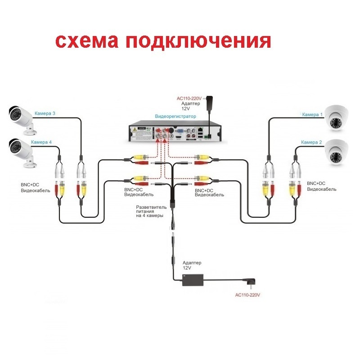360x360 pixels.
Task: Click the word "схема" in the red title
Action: (x=86, y=41)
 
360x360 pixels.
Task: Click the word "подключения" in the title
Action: (x=198, y=41)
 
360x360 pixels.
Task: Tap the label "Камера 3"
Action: (x=45, y=113)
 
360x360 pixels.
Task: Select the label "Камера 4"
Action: (x=41, y=142)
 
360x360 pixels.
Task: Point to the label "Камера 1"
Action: (x=312, y=114)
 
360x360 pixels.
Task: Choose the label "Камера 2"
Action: (x=311, y=142)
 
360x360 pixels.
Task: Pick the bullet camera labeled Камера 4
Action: (x=22, y=153)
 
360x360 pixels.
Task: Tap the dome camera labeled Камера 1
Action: (x=337, y=118)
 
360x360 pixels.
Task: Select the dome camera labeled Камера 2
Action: (x=337, y=152)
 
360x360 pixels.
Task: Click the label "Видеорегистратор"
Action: (x=175, y=116)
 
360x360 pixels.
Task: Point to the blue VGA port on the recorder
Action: (x=179, y=131)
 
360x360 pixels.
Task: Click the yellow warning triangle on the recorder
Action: (x=135, y=130)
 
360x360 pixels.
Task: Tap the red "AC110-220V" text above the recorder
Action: (x=189, y=99)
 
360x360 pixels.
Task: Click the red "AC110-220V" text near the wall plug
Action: (x=247, y=295)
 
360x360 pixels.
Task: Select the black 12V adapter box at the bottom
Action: (x=193, y=280)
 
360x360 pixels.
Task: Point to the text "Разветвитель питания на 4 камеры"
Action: (x=151, y=211)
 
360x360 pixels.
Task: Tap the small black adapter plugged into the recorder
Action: (x=210, y=103)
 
